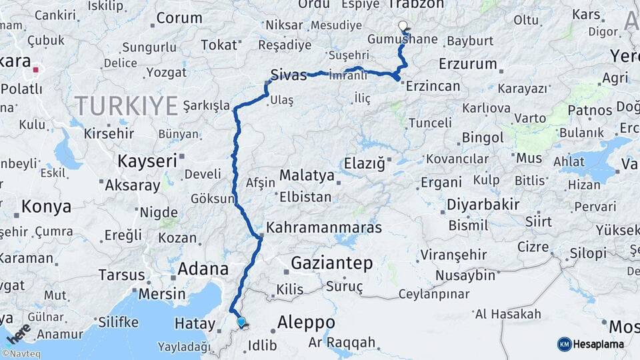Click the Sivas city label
[x=289, y=74]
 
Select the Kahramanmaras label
[x=324, y=228]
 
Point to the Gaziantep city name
[x=331, y=263]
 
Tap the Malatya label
[x=307, y=175]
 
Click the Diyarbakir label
[x=483, y=204]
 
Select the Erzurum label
[x=468, y=65]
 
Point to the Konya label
[x=46, y=207]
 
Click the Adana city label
[x=203, y=270]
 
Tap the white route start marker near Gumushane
[x=403, y=26]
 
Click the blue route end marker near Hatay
[x=241, y=322]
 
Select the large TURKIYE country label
[x=126, y=105]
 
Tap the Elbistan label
[x=305, y=197]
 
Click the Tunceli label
[x=430, y=123]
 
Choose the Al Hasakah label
[x=507, y=314]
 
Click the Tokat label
[x=219, y=45]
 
